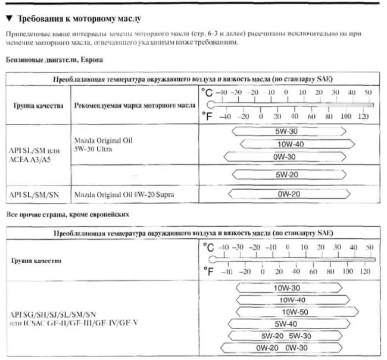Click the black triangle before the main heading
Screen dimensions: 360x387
click(x=8, y=19)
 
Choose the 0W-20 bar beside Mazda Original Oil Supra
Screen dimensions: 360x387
click(x=287, y=194)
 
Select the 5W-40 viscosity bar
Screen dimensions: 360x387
click(x=285, y=324)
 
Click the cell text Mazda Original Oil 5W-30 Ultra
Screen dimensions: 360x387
click(x=102, y=145)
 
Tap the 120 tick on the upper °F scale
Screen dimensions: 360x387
click(x=363, y=117)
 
